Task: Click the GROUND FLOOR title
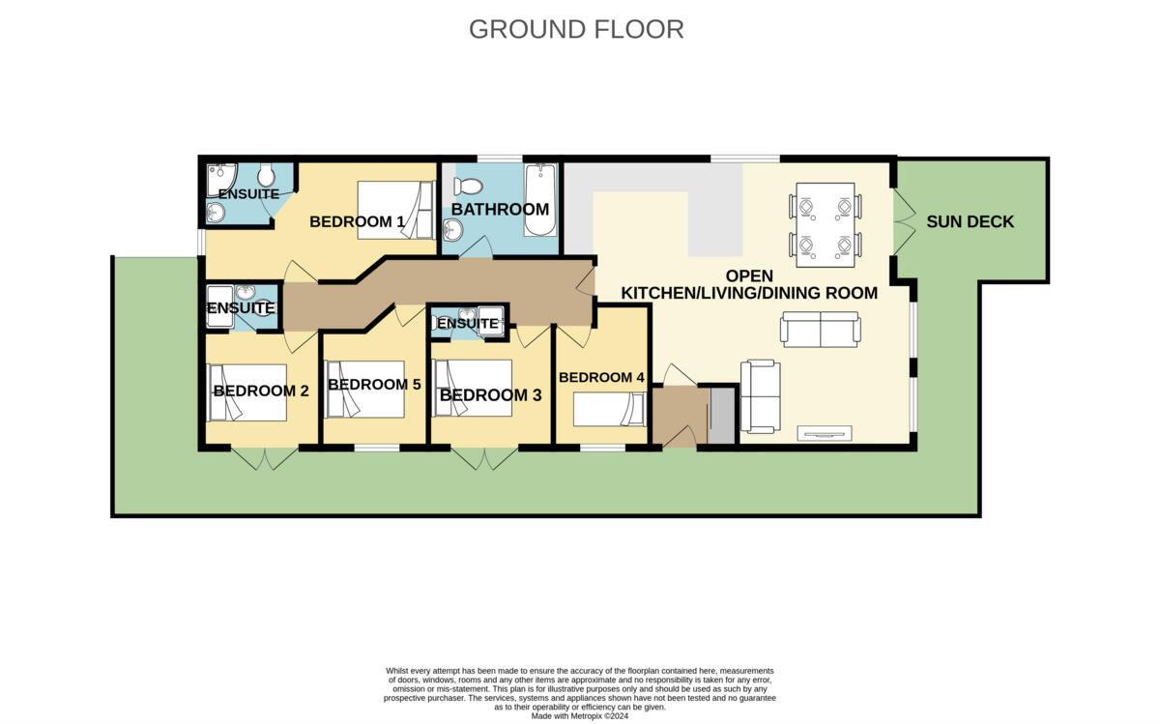[x=576, y=29]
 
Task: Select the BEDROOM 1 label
[x=357, y=221]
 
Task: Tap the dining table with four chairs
[x=826, y=225]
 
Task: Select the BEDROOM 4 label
[x=601, y=377]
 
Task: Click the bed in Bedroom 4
[x=609, y=410]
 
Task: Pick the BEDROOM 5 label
[x=374, y=384]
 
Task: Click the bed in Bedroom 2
[x=247, y=392]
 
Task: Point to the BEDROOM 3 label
[x=490, y=395]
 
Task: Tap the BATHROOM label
[x=500, y=209]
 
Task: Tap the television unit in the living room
[x=825, y=433]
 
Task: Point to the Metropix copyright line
[x=579, y=715]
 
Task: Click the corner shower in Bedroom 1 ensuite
[x=221, y=177]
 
